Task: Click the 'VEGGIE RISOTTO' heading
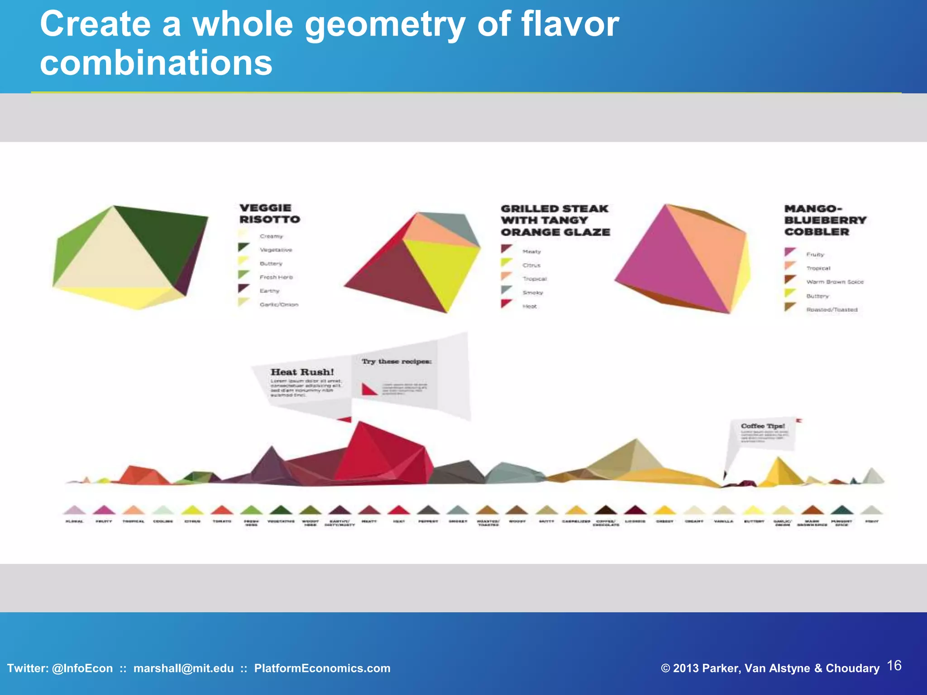pyautogui.click(x=269, y=214)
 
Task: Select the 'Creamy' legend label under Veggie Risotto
pyautogui.click(x=271, y=236)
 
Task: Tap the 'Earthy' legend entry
pyautogui.click(x=269, y=291)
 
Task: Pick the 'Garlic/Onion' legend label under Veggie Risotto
pyautogui.click(x=279, y=305)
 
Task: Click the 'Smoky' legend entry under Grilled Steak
pyautogui.click(x=532, y=293)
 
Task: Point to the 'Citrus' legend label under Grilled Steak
pyautogui.click(x=531, y=265)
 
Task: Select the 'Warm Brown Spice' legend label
pyautogui.click(x=835, y=282)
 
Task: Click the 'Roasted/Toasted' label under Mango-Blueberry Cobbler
pyautogui.click(x=831, y=310)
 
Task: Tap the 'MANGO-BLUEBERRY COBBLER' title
pyautogui.click(x=825, y=220)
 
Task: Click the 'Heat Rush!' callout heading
pyautogui.click(x=302, y=372)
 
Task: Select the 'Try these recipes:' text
pyautogui.click(x=397, y=362)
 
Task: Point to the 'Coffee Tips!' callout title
pyautogui.click(x=763, y=426)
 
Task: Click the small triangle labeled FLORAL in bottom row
pyautogui.click(x=75, y=510)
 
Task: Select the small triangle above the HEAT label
pyautogui.click(x=399, y=510)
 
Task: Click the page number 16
pyautogui.click(x=894, y=666)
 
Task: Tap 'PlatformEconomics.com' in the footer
pyautogui.click(x=322, y=668)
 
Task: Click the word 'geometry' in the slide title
pyautogui.click(x=385, y=25)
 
